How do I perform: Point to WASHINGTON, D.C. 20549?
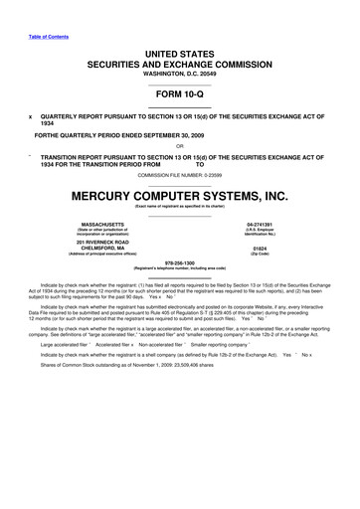[180, 72]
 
